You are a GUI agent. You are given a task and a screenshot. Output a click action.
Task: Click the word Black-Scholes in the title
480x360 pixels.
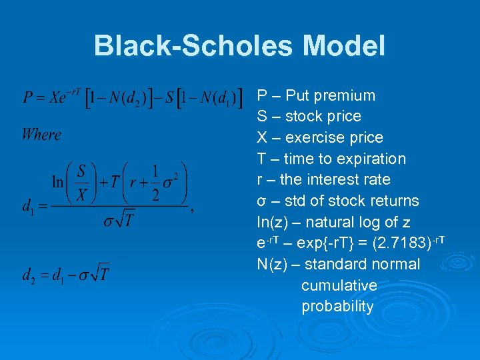tap(194, 46)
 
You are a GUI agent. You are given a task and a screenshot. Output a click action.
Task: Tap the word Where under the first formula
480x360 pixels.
tap(41, 135)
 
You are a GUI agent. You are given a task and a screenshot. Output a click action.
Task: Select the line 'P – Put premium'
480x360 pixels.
tap(316, 95)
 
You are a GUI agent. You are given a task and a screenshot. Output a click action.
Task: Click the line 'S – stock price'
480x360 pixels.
tap(309, 117)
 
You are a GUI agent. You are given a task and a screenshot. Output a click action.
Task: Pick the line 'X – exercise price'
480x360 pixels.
tap(320, 137)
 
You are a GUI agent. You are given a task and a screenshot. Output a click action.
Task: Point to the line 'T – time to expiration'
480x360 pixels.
tap(331, 159)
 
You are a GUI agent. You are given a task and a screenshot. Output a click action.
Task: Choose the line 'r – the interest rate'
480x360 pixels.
tap(323, 179)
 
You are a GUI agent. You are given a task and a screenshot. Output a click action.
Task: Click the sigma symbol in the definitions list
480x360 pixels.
tap(261, 201)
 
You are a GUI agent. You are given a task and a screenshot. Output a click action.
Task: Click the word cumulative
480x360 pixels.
tap(339, 285)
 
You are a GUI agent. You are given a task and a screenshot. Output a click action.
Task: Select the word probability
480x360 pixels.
tap(337, 307)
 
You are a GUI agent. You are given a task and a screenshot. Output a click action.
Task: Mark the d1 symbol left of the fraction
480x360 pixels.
tap(28, 207)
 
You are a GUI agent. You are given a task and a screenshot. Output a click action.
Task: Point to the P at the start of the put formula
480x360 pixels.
tap(28, 97)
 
